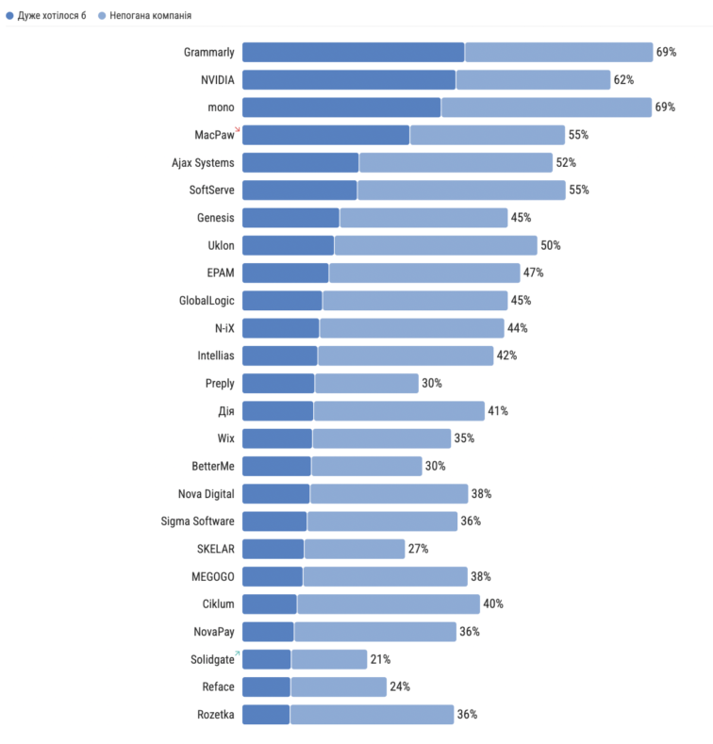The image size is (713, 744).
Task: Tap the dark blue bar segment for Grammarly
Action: pyautogui.click(x=353, y=52)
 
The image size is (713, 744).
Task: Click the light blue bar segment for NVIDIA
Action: pyautogui.click(x=533, y=79)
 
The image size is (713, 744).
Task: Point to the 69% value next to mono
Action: pyautogui.click(x=666, y=107)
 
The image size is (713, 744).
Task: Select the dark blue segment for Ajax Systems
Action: pyautogui.click(x=300, y=162)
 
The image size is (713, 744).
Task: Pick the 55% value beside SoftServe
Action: pyautogui.click(x=578, y=190)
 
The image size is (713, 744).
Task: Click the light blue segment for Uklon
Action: pyautogui.click(x=436, y=245)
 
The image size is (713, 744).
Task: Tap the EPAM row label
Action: pyautogui.click(x=221, y=273)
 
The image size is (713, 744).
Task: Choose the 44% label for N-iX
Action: pyautogui.click(x=517, y=328)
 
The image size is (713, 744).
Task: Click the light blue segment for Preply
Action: pyautogui.click(x=367, y=383)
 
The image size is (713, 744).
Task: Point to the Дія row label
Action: pyautogui.click(x=225, y=411)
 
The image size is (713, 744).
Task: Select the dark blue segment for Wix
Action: pyautogui.click(x=276, y=438)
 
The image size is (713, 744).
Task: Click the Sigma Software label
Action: pyautogui.click(x=198, y=521)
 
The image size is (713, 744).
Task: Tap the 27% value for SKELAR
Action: pyautogui.click(x=418, y=549)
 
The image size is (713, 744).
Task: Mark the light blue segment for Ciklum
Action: pyautogui.click(x=389, y=603)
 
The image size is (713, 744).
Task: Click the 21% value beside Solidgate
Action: pyautogui.click(x=380, y=659)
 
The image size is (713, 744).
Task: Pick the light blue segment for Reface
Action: pyautogui.click(x=339, y=686)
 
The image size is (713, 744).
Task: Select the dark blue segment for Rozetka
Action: pyautogui.click(x=265, y=714)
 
